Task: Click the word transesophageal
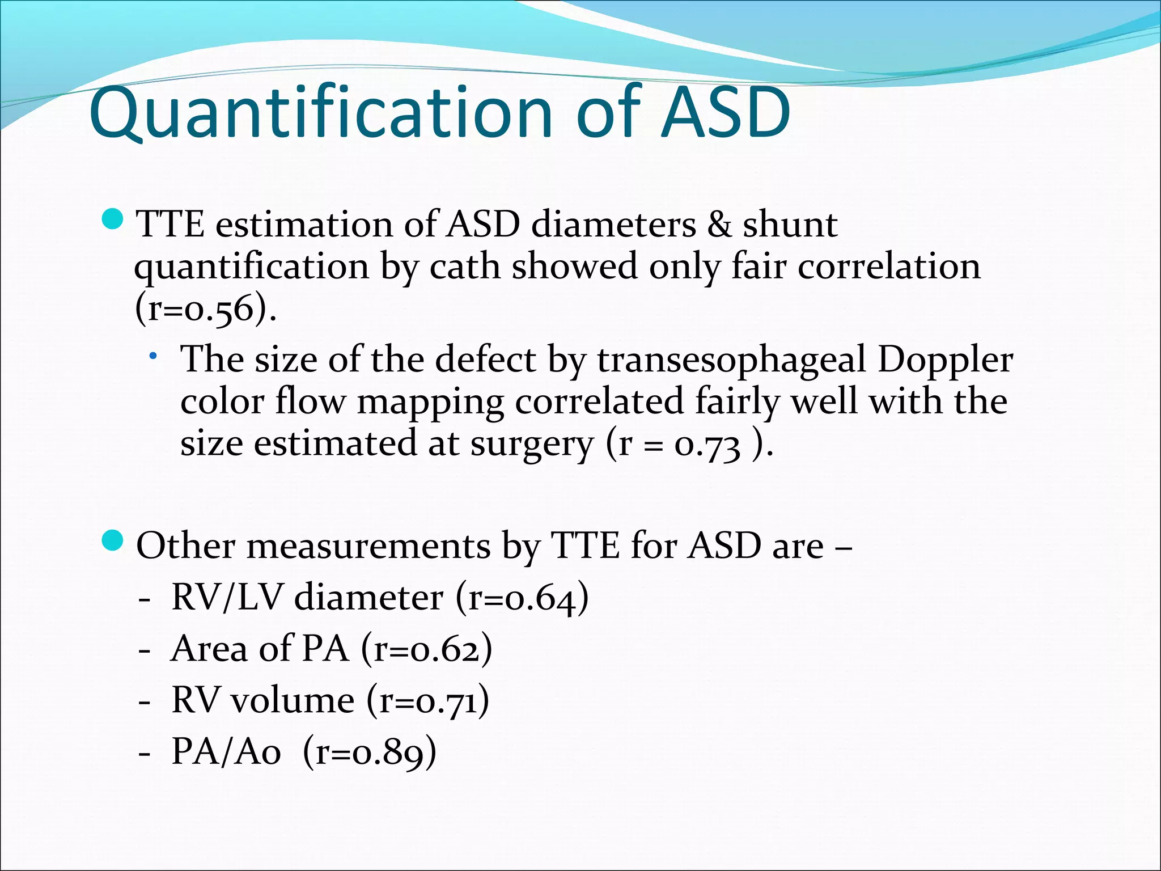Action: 731,361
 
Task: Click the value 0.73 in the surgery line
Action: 707,445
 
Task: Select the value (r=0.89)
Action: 370,752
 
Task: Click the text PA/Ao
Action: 226,752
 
